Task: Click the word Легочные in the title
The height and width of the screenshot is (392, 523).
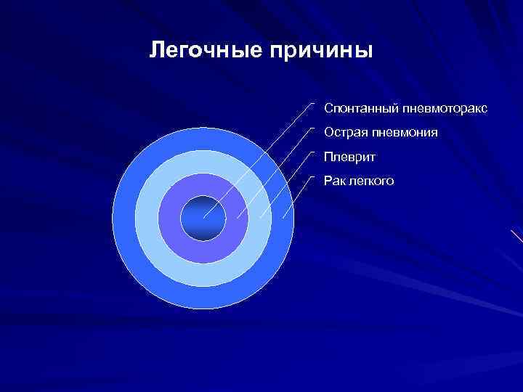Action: coord(206,51)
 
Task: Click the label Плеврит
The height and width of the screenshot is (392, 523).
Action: coord(346,157)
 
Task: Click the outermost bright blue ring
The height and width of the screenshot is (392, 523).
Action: coord(123,218)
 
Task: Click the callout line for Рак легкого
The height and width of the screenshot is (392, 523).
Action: coord(297,197)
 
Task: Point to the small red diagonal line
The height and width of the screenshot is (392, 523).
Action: coord(516,236)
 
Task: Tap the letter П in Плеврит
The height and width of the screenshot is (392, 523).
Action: coord(328,157)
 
